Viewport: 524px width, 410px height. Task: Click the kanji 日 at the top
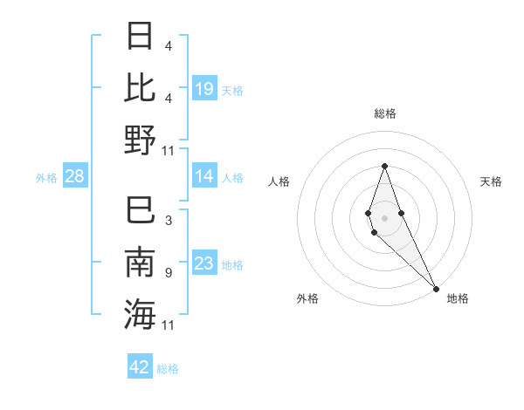[140, 38]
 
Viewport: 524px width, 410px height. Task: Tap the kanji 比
[140, 88]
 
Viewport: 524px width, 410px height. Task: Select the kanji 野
[140, 140]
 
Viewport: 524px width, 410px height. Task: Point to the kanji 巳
[140, 212]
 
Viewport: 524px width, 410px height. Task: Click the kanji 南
[140, 263]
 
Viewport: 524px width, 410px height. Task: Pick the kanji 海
[140, 314]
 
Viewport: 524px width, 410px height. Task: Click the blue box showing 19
[204, 89]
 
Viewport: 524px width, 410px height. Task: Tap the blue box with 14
[204, 176]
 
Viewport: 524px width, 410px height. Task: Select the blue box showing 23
[204, 263]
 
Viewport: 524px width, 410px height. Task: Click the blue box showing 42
[140, 367]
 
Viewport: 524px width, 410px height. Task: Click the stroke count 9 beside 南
[169, 273]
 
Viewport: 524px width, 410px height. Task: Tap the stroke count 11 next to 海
[169, 325]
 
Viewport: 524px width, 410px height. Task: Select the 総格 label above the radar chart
[384, 113]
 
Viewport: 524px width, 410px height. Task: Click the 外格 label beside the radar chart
[307, 298]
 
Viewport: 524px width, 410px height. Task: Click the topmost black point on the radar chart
[384, 166]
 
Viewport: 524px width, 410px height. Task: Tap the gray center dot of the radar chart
[384, 206]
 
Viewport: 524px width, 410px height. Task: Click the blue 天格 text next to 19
[232, 91]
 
